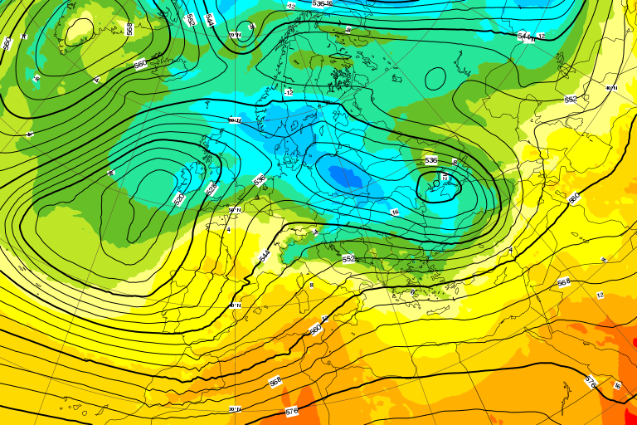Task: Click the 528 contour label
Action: tap(210, 188)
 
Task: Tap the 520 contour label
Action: tap(178, 199)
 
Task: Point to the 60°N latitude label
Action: tap(234, 120)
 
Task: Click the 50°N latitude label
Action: tap(234, 210)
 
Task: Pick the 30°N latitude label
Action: tap(235, 408)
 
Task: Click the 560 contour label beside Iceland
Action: tap(140, 63)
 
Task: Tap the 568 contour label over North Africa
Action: tap(275, 381)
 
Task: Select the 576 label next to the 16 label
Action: tap(591, 382)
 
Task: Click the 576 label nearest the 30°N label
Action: tap(291, 411)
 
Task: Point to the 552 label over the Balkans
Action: tap(348, 259)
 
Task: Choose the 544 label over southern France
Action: tap(264, 256)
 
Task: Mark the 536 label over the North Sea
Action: tap(260, 178)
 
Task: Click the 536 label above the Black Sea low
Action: tap(430, 159)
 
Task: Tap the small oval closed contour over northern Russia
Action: tap(435, 78)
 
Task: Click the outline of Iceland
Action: tap(79, 31)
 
